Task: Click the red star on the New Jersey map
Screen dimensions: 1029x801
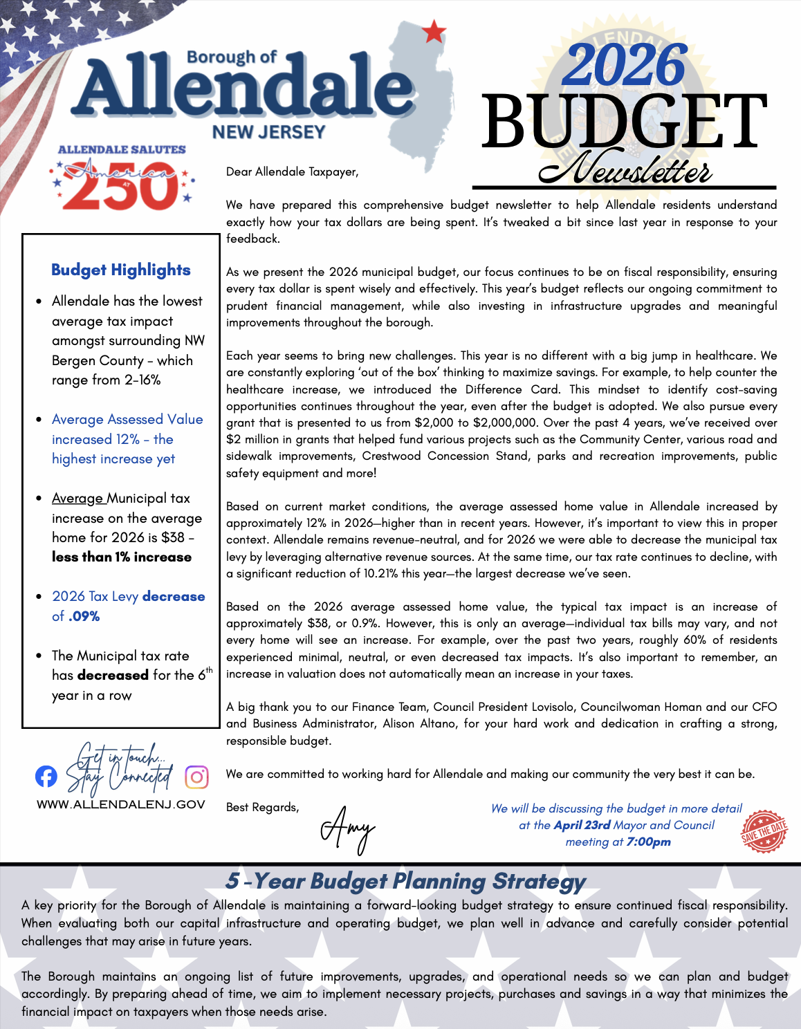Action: [x=434, y=32]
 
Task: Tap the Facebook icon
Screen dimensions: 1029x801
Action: [x=46, y=777]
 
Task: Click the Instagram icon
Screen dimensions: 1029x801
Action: [x=196, y=777]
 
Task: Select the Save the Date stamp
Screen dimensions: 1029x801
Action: [x=764, y=831]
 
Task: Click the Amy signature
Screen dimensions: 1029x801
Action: [x=347, y=828]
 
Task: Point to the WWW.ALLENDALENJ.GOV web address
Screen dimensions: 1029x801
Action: [x=121, y=804]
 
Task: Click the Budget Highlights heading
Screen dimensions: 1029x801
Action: [x=121, y=270]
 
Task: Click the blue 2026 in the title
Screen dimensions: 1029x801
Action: [x=625, y=66]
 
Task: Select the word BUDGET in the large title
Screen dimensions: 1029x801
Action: [x=624, y=122]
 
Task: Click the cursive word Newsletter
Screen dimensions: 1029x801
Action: [x=625, y=169]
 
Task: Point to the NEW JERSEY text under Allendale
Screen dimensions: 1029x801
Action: [x=268, y=132]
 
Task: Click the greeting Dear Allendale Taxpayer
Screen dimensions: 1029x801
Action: [x=292, y=171]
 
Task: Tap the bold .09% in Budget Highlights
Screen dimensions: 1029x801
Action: [x=84, y=616]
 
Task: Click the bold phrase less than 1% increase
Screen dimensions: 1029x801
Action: [x=122, y=557]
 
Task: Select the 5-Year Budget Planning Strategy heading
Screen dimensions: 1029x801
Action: [x=405, y=881]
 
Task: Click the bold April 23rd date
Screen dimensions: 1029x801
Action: [x=582, y=825]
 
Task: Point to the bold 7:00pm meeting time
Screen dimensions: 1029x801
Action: [x=648, y=842]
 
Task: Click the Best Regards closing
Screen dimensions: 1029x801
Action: [x=262, y=807]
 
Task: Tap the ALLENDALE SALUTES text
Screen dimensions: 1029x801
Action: [x=122, y=149]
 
